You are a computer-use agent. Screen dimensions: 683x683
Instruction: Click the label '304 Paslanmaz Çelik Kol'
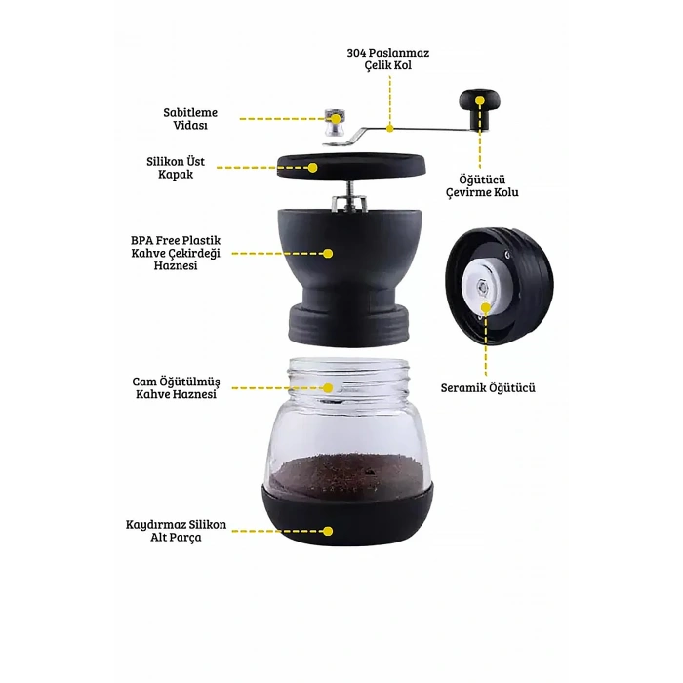pyautogui.click(x=388, y=59)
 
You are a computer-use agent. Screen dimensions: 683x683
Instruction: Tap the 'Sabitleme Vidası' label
pyautogui.click(x=190, y=118)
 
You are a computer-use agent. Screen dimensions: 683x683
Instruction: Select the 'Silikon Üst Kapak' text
pyautogui.click(x=176, y=168)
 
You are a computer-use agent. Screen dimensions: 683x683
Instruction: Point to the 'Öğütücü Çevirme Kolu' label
pyautogui.click(x=482, y=186)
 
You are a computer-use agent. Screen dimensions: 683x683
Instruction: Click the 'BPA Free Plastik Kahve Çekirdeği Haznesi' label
pyautogui.click(x=176, y=253)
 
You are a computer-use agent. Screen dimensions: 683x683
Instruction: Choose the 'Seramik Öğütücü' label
pyautogui.click(x=488, y=387)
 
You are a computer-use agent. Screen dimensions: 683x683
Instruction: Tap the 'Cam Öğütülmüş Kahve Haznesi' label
pyautogui.click(x=176, y=387)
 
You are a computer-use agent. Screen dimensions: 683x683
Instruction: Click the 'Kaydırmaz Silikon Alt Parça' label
pyautogui.click(x=176, y=531)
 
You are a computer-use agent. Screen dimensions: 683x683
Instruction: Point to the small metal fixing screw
pyautogui.click(x=335, y=122)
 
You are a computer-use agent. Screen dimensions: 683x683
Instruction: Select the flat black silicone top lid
pyautogui.click(x=351, y=166)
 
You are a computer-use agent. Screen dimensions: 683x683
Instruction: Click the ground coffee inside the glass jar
pyautogui.click(x=347, y=476)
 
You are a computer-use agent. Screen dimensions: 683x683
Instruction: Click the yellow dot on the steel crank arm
pyautogui.click(x=390, y=128)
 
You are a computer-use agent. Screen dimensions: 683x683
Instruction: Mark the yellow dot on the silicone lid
pyautogui.click(x=313, y=167)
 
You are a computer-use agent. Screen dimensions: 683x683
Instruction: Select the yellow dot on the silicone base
pyautogui.click(x=328, y=531)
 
